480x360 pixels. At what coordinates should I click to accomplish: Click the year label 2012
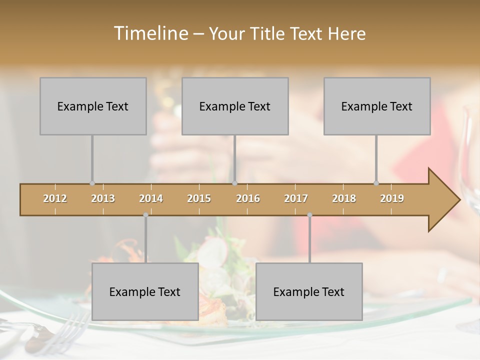55,198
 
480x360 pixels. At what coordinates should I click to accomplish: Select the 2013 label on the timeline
103,198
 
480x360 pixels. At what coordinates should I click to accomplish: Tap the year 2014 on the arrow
151,198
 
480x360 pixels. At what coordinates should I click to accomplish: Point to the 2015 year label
199,198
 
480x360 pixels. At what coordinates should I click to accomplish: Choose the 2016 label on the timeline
248,198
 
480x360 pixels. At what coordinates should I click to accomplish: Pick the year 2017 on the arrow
296,198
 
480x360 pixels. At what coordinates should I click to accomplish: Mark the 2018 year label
344,198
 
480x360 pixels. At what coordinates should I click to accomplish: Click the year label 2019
392,198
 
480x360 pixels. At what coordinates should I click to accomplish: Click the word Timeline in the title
150,33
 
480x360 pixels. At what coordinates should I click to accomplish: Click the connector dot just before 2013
92,183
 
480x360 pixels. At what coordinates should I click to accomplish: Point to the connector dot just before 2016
234,183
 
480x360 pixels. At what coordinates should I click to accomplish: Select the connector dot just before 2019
376,183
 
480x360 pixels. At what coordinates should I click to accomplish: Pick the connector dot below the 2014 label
145,215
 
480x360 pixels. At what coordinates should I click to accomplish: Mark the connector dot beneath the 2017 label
309,215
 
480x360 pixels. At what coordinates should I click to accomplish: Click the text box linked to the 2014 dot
145,291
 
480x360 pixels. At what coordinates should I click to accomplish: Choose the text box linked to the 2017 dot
309,291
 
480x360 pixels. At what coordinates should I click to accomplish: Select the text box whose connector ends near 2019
377,106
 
